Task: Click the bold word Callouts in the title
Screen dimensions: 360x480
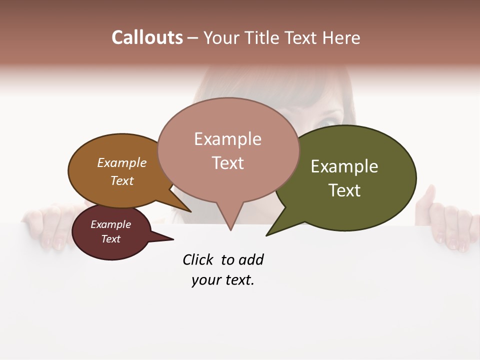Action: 147,37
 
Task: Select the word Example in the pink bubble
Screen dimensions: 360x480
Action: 227,139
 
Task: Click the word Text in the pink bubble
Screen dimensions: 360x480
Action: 227,163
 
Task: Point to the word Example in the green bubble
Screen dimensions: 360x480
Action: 344,166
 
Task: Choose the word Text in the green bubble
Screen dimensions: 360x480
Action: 344,190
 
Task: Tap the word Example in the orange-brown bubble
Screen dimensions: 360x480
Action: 121,162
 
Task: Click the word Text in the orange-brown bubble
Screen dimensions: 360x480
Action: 121,180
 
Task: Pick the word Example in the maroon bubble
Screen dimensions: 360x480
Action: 110,224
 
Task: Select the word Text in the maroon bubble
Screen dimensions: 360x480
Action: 110,239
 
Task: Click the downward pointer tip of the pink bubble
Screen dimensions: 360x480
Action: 230,230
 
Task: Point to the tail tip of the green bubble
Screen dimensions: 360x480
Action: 266,235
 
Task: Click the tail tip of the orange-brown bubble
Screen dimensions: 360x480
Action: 190,211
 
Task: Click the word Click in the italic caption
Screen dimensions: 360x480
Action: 197,260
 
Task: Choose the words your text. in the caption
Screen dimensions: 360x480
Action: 222,280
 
